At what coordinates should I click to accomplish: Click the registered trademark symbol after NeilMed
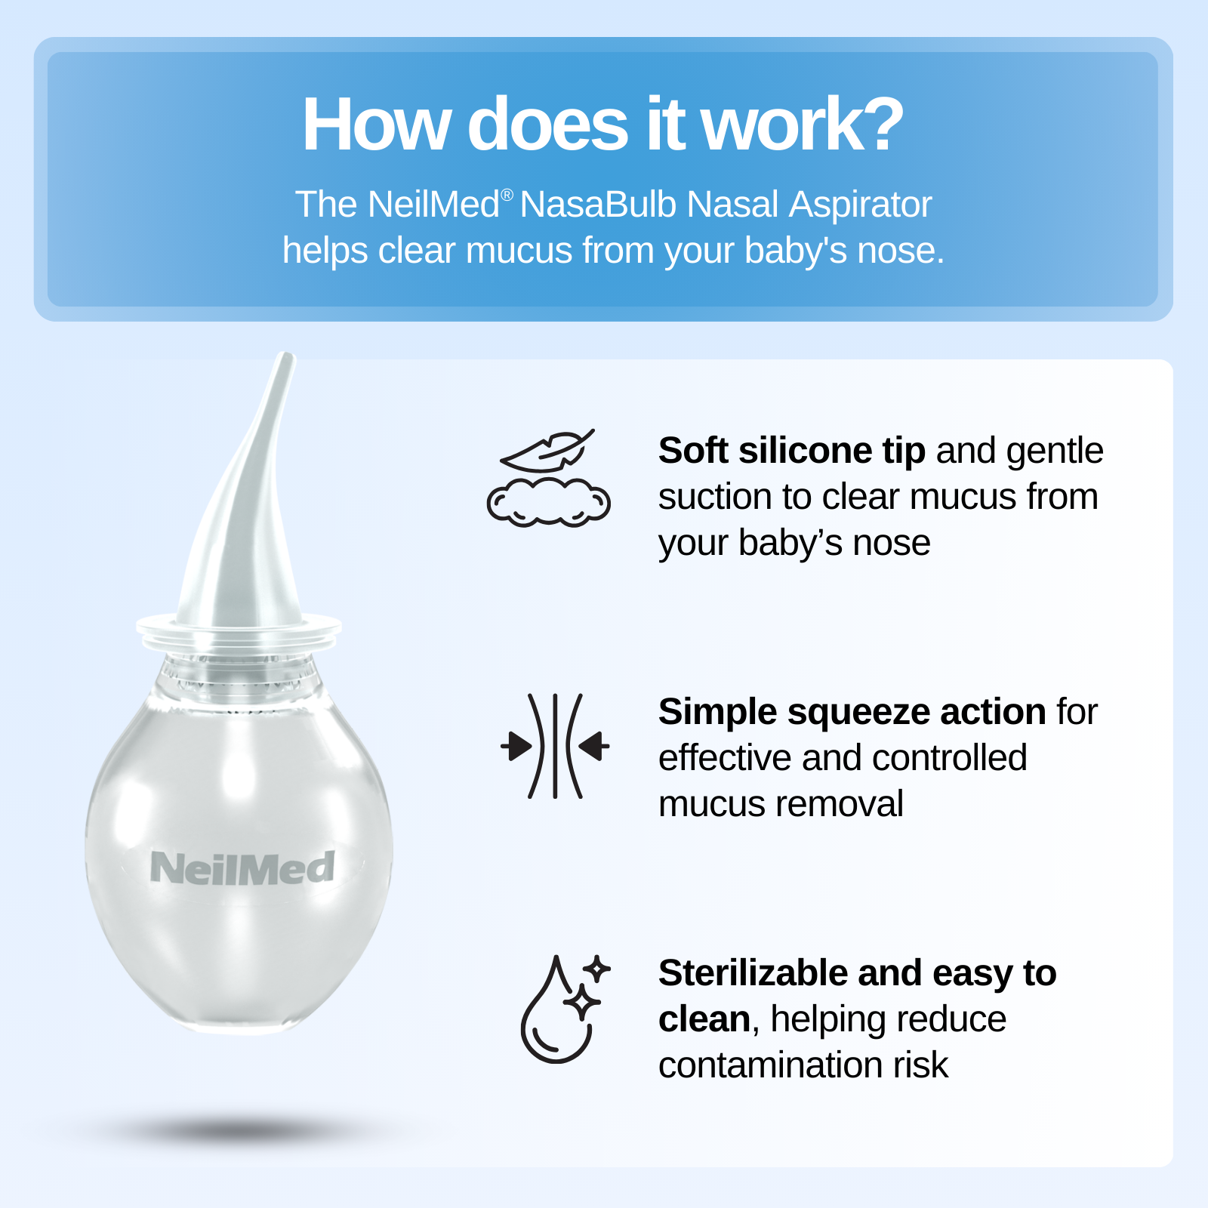(507, 195)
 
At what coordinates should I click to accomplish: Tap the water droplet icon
(556, 1010)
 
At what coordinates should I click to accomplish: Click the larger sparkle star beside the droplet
(582, 1003)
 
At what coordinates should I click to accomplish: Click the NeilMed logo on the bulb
(242, 868)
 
